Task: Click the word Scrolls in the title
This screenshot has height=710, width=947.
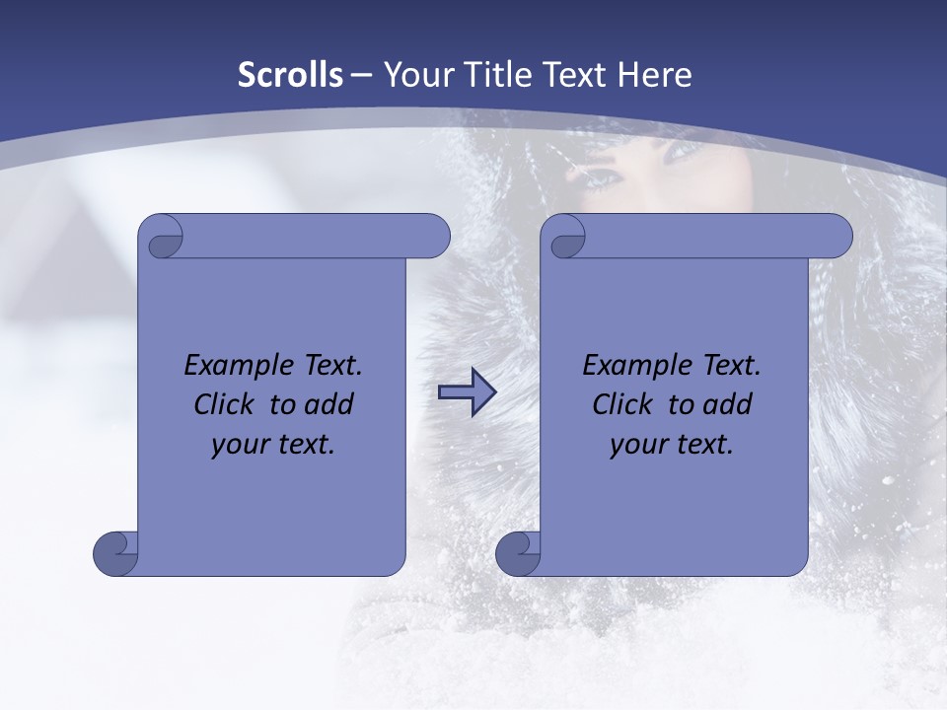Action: [290, 75]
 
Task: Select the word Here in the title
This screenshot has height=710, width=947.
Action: [655, 75]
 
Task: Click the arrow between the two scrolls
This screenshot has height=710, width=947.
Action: [467, 392]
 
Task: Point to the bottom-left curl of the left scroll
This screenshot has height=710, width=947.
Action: [114, 552]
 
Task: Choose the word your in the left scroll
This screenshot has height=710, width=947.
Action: [238, 445]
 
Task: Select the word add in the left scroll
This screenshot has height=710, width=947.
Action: [329, 404]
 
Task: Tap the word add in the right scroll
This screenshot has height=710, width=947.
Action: [728, 404]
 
